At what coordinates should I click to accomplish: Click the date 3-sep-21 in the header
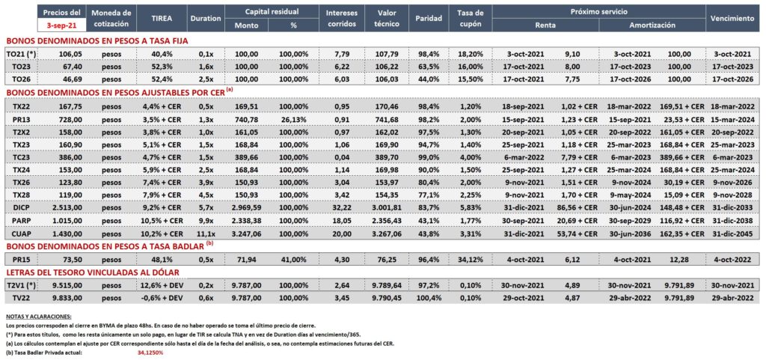point(61,23)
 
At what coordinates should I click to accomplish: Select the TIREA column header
point(162,18)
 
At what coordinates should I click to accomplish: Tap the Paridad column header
point(429,18)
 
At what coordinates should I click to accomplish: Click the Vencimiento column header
point(732,18)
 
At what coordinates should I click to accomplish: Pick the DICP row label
point(20,207)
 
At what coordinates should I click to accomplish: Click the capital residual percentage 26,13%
point(293,119)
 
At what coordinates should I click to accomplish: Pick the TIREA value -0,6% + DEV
point(162,296)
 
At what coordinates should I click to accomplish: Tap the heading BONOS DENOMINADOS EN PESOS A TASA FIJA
point(96,40)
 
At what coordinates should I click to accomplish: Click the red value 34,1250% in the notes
point(150,353)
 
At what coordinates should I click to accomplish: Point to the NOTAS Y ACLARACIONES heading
point(39,317)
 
